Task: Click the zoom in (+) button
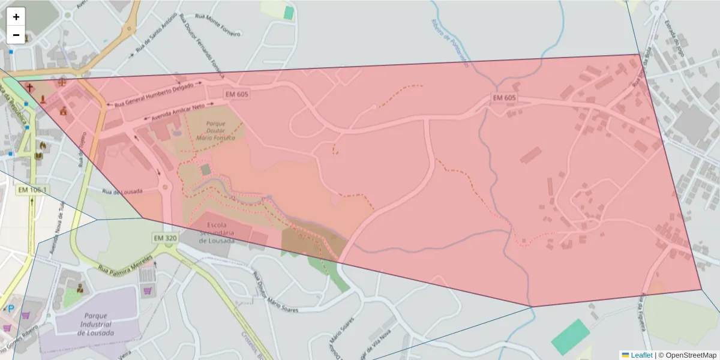[x=16, y=17]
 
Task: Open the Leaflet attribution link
[x=641, y=355]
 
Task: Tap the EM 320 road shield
[x=164, y=238]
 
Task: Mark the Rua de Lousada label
[x=122, y=191]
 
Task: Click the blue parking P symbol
[x=10, y=309]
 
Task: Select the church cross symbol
[x=29, y=88]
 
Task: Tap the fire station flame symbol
[x=42, y=145]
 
